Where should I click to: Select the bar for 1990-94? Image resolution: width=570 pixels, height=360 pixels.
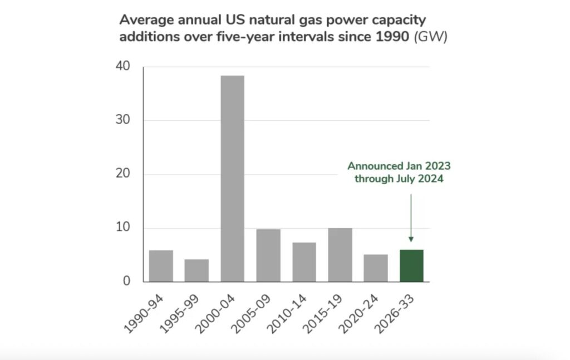point(161,266)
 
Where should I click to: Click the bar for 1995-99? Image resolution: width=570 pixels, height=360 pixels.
point(196,270)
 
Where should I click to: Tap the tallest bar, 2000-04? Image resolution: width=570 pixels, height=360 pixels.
point(232,179)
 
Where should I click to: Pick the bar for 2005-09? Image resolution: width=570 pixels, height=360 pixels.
point(268,255)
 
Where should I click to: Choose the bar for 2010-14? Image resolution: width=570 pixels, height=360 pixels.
point(304,262)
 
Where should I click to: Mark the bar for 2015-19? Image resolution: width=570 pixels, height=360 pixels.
point(340,255)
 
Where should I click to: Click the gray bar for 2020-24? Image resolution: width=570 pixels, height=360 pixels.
point(375,268)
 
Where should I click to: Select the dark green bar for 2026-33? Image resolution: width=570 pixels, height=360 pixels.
point(411,265)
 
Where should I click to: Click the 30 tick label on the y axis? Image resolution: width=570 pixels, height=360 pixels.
point(122,121)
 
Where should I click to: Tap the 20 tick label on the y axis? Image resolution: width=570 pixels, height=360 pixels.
point(122,174)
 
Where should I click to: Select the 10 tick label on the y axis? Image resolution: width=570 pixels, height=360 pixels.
point(122,228)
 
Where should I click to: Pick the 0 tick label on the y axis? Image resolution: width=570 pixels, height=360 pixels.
point(126,282)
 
